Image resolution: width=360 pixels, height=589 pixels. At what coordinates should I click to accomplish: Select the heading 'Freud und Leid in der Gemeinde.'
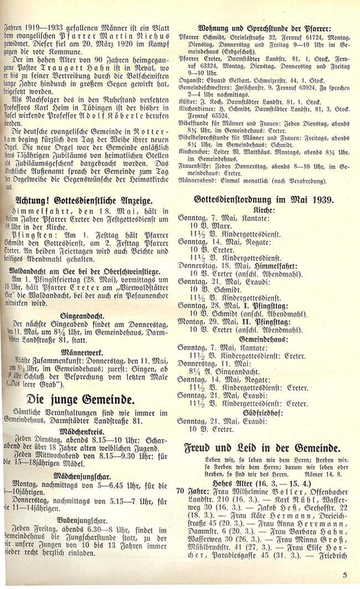point(262,449)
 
